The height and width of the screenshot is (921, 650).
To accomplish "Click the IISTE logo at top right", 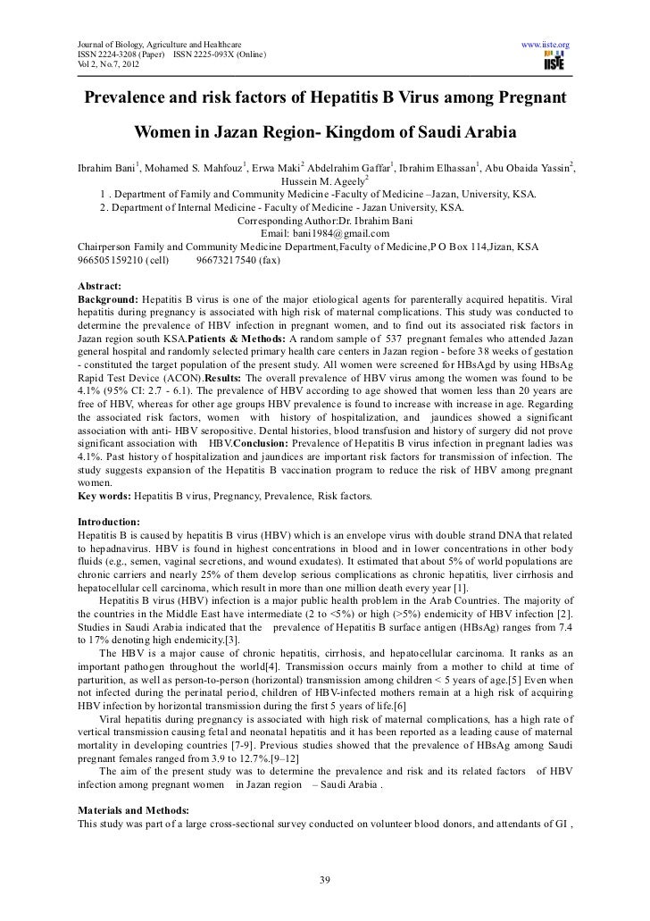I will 555,61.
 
